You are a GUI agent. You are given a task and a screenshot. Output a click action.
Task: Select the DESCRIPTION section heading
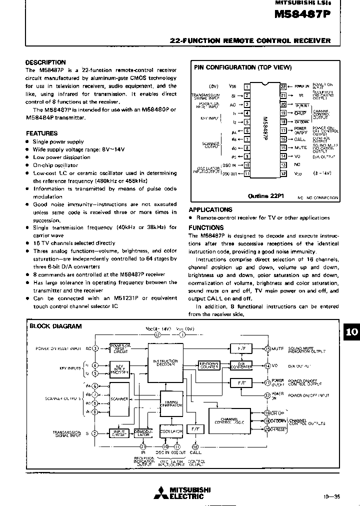point(45,62)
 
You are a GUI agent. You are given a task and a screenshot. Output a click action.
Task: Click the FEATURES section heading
point(41,133)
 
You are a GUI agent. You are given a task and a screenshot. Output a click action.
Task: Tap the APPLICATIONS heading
point(210,210)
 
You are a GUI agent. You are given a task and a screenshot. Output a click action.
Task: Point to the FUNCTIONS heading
point(205,227)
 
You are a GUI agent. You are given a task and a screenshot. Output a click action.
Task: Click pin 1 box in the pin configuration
point(246,86)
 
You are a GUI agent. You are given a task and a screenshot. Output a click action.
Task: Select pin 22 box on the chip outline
point(283,86)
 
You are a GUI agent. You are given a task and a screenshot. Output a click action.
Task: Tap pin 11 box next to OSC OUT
point(246,173)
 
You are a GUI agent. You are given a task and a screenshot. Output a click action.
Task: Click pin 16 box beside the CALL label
point(283,139)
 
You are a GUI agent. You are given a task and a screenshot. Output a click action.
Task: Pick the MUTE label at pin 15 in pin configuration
point(300,147)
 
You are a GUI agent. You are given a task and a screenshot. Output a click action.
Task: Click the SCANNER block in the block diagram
point(120,398)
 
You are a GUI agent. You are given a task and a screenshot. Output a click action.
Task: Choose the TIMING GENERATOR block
point(171,405)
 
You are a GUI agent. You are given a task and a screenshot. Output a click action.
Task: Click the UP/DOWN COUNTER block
point(209,365)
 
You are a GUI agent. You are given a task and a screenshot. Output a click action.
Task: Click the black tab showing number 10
point(351,332)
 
